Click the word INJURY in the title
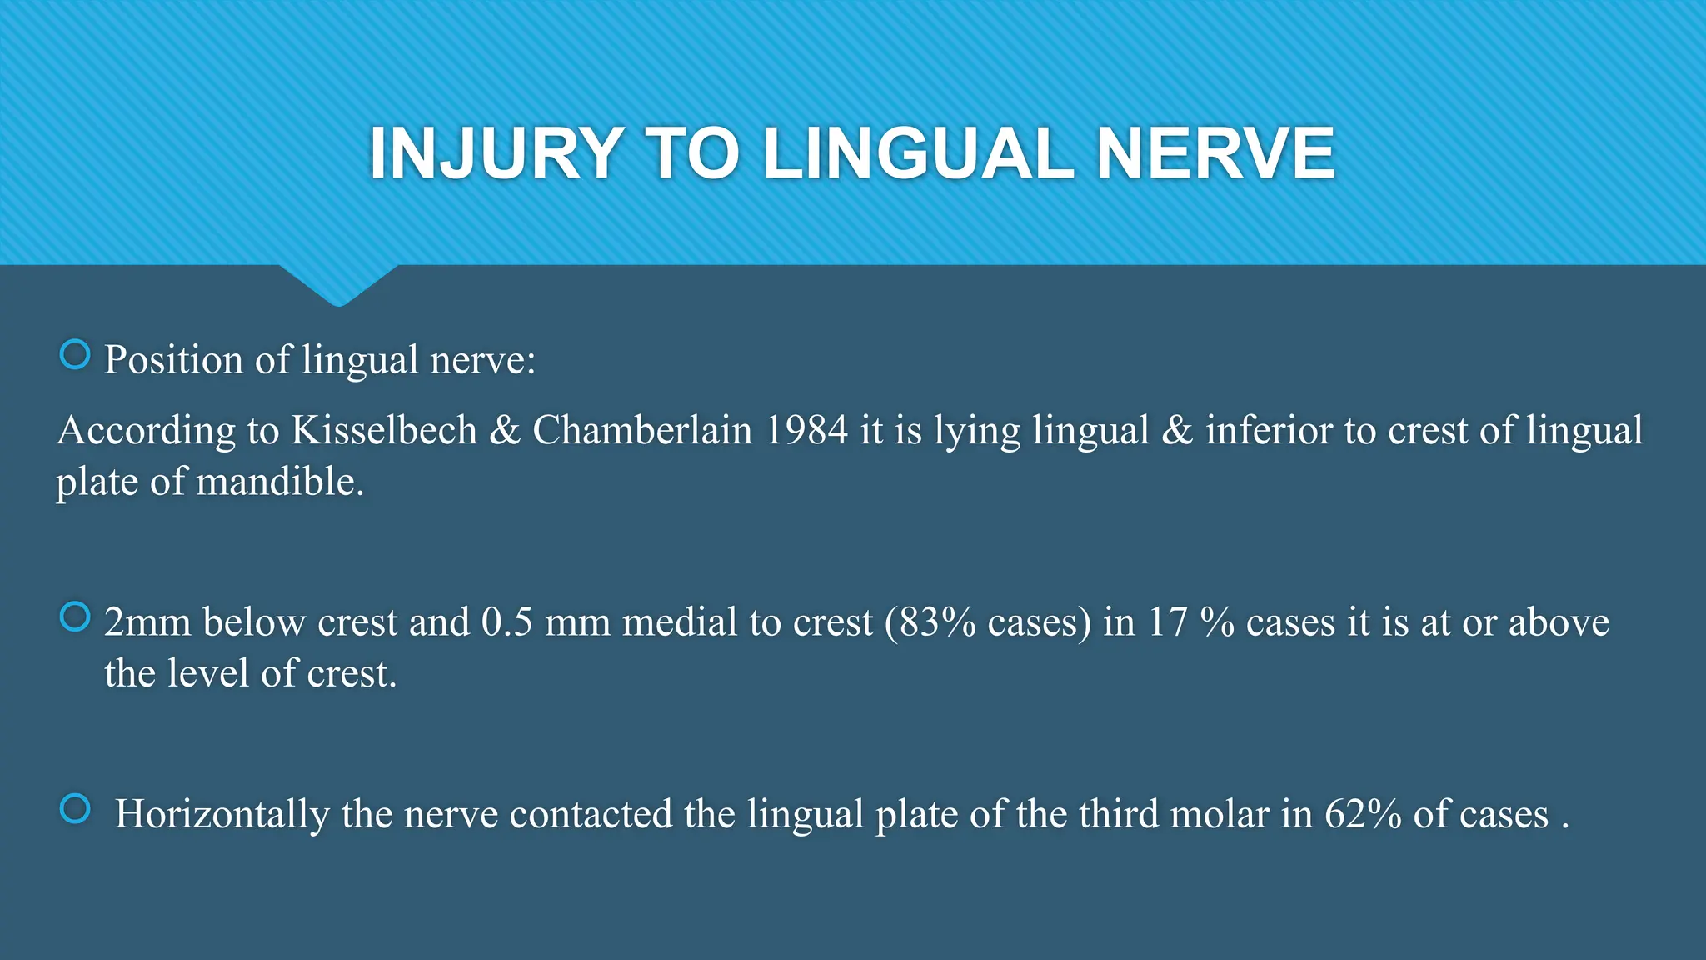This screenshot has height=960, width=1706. coord(496,153)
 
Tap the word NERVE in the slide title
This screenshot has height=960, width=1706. coord(1215,153)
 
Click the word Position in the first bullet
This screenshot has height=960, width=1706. coord(173,360)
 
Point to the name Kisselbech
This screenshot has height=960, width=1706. coord(384,430)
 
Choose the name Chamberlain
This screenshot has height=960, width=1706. coord(642,430)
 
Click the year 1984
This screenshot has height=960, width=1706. coord(806,430)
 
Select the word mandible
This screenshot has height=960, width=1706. coord(280,482)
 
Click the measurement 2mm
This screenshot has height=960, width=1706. coord(147,622)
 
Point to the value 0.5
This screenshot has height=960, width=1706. coord(506,622)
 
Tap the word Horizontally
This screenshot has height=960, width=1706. coord(222,814)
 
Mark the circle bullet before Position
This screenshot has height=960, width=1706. coord(75,355)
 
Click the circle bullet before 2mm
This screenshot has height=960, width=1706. coord(75,617)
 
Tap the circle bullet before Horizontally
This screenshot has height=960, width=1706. coord(75,809)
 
